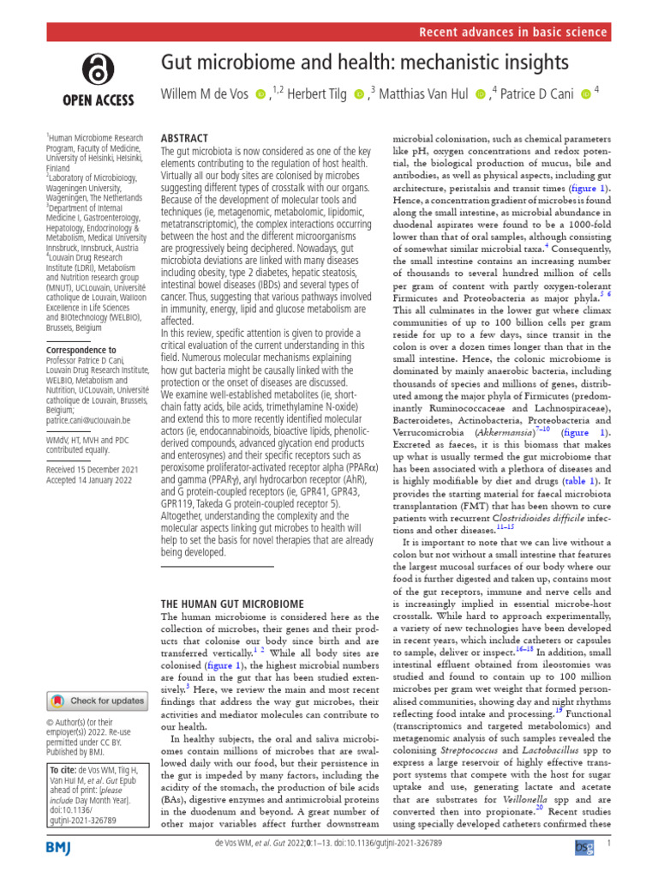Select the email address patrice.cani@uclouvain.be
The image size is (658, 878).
coord(87,420)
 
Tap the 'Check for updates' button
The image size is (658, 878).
coord(98,701)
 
